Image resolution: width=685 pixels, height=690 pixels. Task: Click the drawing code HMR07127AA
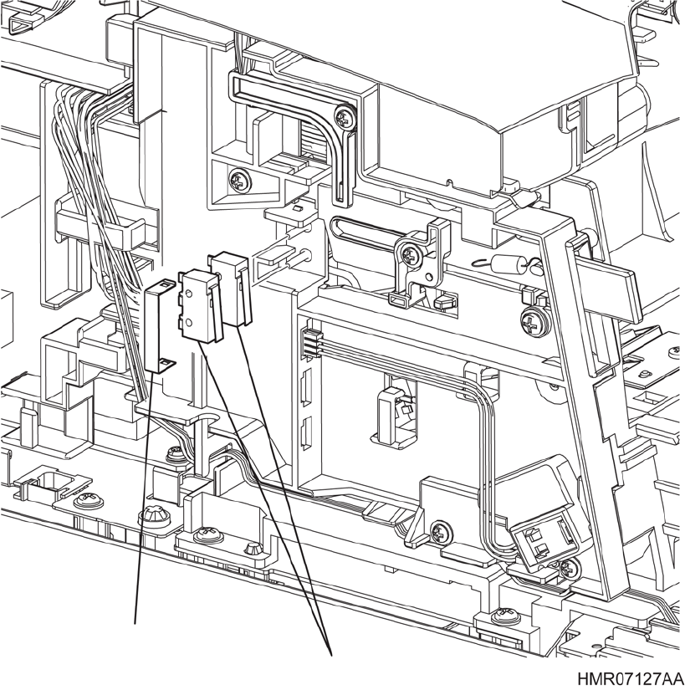tap(629, 676)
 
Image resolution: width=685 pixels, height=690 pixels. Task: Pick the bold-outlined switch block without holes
tap(228, 289)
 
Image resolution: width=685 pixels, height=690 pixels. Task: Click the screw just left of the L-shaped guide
tap(241, 178)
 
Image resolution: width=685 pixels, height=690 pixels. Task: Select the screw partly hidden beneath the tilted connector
tap(568, 569)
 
